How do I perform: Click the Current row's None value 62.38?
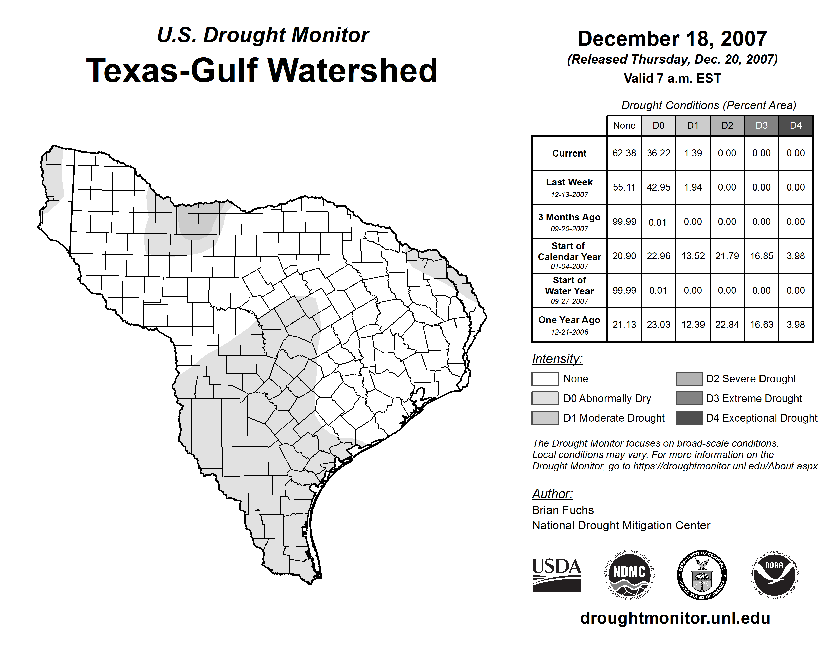click(624, 153)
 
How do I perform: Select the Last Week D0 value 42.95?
click(658, 187)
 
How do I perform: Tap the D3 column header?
click(761, 125)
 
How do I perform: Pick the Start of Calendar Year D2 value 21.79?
click(727, 256)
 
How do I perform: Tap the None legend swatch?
click(545, 378)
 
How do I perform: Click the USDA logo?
click(557, 575)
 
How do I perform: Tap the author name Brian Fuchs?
click(563, 510)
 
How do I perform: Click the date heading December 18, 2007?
click(672, 39)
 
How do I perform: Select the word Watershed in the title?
click(352, 70)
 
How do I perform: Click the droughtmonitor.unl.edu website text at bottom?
click(675, 618)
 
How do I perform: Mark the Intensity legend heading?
click(557, 359)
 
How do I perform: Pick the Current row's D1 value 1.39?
click(693, 153)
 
